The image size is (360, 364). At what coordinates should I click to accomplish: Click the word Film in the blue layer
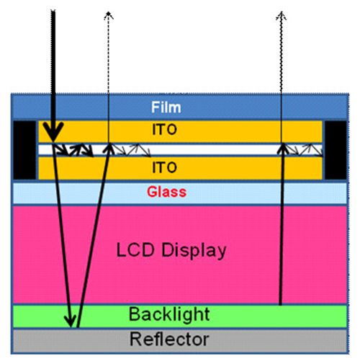point(166,107)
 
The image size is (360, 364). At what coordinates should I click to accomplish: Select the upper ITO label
point(165,130)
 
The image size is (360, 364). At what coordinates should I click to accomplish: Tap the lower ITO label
point(165,167)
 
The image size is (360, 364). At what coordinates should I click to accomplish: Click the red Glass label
point(166,192)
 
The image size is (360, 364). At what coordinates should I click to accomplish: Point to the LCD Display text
point(171,251)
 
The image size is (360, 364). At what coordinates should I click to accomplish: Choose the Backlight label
point(169,314)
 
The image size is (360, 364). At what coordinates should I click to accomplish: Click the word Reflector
point(169,339)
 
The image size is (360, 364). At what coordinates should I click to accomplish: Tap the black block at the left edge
point(24,150)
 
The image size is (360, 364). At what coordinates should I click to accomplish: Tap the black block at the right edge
point(336,150)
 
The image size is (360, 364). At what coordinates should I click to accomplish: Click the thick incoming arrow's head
point(53,132)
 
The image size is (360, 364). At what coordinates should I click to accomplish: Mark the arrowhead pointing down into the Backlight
point(71,321)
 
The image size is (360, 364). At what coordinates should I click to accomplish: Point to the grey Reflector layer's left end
point(14,341)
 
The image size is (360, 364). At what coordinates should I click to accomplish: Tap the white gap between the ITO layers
point(180,150)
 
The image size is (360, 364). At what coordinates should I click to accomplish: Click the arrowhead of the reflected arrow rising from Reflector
point(109,148)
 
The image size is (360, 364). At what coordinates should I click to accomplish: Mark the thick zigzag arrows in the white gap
point(73,150)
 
